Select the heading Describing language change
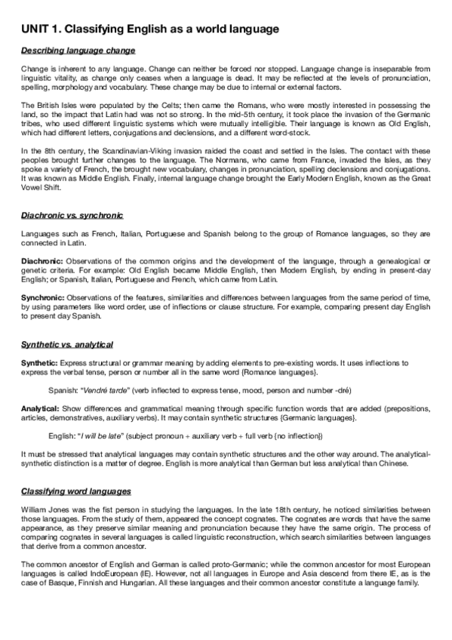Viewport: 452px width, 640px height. tap(78, 51)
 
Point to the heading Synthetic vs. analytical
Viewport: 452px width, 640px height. tap(67, 344)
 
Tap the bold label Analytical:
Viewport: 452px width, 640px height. tap(39, 408)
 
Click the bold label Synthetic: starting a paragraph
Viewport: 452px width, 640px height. tap(38, 363)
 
